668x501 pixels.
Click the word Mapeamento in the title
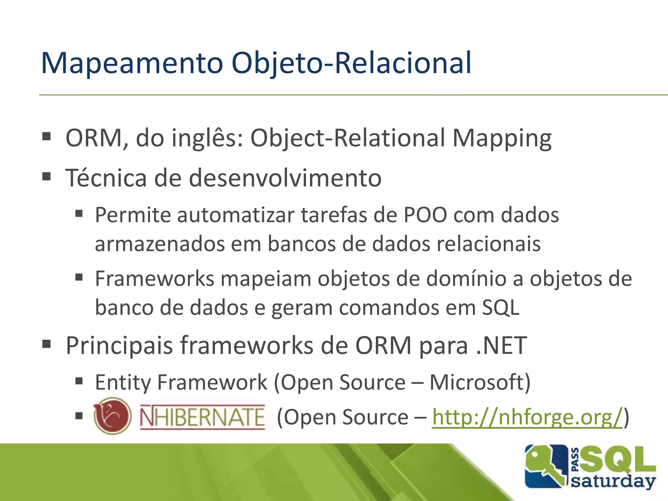[x=132, y=63]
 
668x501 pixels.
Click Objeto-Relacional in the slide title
[x=351, y=63]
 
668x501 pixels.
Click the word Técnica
[x=106, y=178]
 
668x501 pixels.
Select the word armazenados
[x=159, y=244]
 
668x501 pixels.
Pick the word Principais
[x=119, y=346]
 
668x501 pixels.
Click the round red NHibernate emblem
[x=113, y=416]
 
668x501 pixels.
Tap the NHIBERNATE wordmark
[x=202, y=417]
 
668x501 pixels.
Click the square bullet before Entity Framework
[x=79, y=381]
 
